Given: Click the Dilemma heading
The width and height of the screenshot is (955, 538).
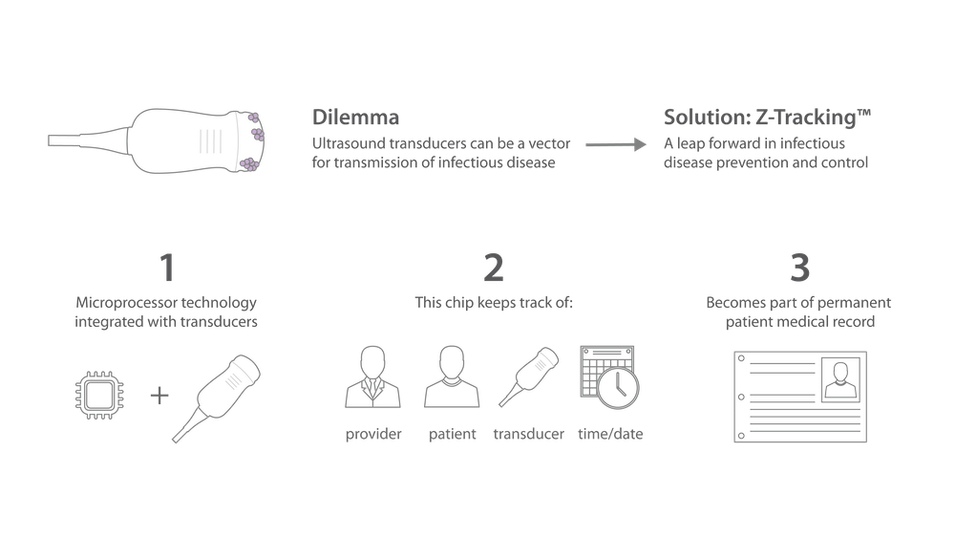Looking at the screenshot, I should coord(355,118).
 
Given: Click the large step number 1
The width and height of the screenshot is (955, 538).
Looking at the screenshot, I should coord(167,269).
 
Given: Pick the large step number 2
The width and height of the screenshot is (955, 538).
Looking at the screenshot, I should coord(493,269).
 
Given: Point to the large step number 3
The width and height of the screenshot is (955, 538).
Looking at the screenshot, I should coord(799,269).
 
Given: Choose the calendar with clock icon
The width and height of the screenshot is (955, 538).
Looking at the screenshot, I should coord(607,377).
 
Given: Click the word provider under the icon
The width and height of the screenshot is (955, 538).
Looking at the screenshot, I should coord(373,436).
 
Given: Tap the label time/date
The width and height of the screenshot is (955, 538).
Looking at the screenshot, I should coord(610,436).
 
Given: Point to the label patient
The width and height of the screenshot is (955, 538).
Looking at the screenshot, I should coord(453,436).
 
